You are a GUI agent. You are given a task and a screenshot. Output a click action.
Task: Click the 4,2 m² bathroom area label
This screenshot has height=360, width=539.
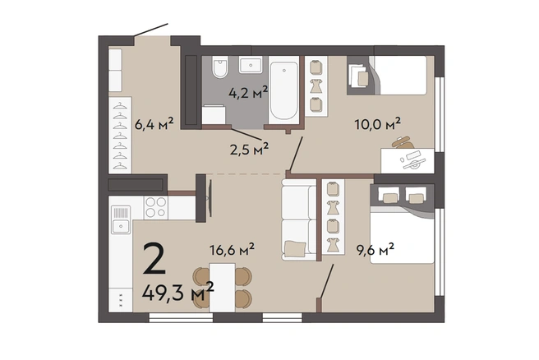click(248, 93)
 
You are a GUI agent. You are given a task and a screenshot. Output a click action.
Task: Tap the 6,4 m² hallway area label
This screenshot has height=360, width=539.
click(154, 124)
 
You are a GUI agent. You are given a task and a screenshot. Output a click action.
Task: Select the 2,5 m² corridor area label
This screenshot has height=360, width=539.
click(249, 150)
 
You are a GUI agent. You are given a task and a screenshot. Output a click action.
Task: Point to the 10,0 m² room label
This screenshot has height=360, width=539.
click(377, 124)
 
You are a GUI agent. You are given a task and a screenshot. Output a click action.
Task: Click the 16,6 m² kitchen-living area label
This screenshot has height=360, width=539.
click(232, 249)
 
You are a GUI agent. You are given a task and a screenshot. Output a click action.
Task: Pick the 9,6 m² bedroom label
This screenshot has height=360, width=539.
click(375, 250)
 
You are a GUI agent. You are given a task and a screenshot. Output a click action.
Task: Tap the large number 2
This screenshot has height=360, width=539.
click(154, 259)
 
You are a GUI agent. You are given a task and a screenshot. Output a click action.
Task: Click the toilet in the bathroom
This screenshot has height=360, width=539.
click(219, 67)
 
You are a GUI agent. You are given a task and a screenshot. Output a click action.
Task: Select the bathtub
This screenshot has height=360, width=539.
click(284, 90)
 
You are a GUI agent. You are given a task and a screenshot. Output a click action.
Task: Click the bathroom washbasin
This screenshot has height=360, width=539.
click(251, 65)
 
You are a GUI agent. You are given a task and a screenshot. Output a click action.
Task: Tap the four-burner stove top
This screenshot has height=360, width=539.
click(156, 207)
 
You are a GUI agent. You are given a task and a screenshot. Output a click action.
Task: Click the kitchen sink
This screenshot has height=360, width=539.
click(120, 219)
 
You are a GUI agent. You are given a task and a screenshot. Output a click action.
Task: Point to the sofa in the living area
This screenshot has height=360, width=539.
click(299, 219)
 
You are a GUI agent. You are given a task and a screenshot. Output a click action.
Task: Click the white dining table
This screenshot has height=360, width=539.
click(222, 288)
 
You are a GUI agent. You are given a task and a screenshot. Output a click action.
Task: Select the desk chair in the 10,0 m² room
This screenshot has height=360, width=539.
click(403, 142)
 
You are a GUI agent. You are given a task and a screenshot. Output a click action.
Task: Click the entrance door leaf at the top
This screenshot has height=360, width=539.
click(150, 30)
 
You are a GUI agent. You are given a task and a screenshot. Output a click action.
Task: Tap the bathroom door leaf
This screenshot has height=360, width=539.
click(246, 135)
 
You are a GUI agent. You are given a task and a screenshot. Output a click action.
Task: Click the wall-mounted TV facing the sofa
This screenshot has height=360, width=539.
click(210, 199)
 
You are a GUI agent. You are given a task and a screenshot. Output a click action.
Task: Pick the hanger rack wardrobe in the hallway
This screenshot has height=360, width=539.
click(120, 135)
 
